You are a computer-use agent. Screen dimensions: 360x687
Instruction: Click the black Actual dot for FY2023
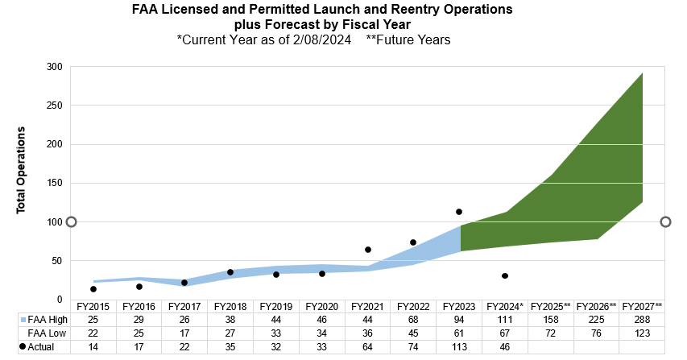click(459, 212)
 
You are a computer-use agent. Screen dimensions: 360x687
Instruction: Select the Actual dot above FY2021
click(368, 250)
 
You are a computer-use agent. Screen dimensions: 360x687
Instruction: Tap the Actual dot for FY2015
click(93, 289)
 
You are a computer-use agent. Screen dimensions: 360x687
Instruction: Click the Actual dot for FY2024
click(505, 276)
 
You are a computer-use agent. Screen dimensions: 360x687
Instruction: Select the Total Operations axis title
click(22, 169)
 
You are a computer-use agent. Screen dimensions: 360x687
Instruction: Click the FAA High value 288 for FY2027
click(642, 320)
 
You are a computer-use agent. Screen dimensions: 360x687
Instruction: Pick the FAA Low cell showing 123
click(642, 333)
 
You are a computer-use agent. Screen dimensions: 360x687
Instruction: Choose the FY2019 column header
click(276, 307)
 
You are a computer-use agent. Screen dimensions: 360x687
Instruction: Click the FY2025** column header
click(551, 307)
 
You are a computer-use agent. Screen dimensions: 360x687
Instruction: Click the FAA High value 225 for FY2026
click(597, 320)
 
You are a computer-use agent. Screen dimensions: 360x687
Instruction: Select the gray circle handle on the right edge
click(666, 222)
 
